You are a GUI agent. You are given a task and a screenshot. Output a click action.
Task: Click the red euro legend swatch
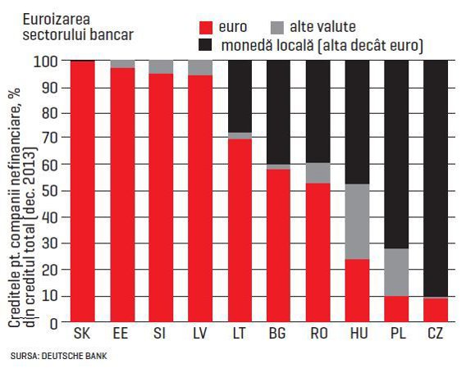coord(206,27)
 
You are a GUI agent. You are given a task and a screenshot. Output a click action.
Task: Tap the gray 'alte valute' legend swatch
coord(277,27)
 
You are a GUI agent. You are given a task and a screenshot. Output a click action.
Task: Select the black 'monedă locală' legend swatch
coord(206,45)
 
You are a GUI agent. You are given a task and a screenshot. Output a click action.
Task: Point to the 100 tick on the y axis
coord(45,62)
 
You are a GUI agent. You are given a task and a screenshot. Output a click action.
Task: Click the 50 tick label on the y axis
coord(50,191)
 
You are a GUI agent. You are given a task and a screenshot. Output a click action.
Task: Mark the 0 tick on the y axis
coord(54,324)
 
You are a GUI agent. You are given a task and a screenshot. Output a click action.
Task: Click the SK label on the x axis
coord(82,334)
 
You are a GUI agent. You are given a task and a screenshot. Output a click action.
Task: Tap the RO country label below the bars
coord(319,334)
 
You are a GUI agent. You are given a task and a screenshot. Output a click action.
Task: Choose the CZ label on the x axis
coord(436,334)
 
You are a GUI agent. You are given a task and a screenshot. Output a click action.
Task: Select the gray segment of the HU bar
coord(357,221)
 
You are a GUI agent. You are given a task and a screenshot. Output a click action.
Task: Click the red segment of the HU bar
coord(357,290)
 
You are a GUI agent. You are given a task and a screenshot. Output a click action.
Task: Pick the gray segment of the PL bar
coord(396,272)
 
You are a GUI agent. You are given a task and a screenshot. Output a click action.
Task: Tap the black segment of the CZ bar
coord(436,179)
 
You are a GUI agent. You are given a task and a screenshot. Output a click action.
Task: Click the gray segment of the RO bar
coord(318,173)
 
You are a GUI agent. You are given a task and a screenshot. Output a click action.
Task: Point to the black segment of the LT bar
coord(240,96)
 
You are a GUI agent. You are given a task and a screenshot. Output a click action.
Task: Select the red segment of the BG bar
coord(278,246)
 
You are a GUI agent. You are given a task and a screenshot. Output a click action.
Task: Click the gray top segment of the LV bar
coord(200,68)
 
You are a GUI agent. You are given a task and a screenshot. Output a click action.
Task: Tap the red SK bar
coord(83,191)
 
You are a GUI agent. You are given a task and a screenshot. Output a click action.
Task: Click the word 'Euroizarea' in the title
coord(57,20)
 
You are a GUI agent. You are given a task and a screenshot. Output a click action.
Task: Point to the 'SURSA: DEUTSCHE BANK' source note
coord(59,356)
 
